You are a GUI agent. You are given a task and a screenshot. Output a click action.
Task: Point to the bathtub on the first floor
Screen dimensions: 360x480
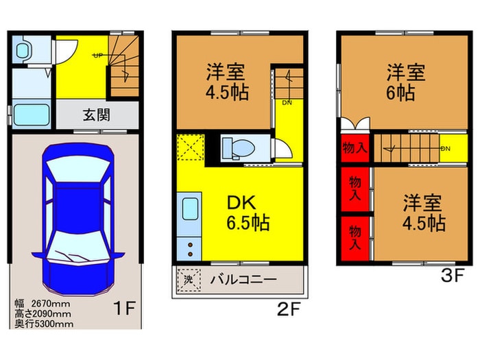pyautogui.click(x=32, y=114)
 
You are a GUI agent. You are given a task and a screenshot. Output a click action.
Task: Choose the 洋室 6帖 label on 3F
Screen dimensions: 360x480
pyautogui.click(x=403, y=82)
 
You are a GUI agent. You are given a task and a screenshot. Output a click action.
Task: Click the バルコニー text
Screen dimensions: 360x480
pyautogui.click(x=242, y=280)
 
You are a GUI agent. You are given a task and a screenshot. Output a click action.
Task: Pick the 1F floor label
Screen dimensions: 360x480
pyautogui.click(x=125, y=307)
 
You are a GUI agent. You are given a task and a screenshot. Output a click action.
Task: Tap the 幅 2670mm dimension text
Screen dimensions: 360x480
pyautogui.click(x=44, y=302)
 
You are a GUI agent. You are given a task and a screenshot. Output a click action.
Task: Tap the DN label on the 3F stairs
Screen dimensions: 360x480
pyautogui.click(x=445, y=148)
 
